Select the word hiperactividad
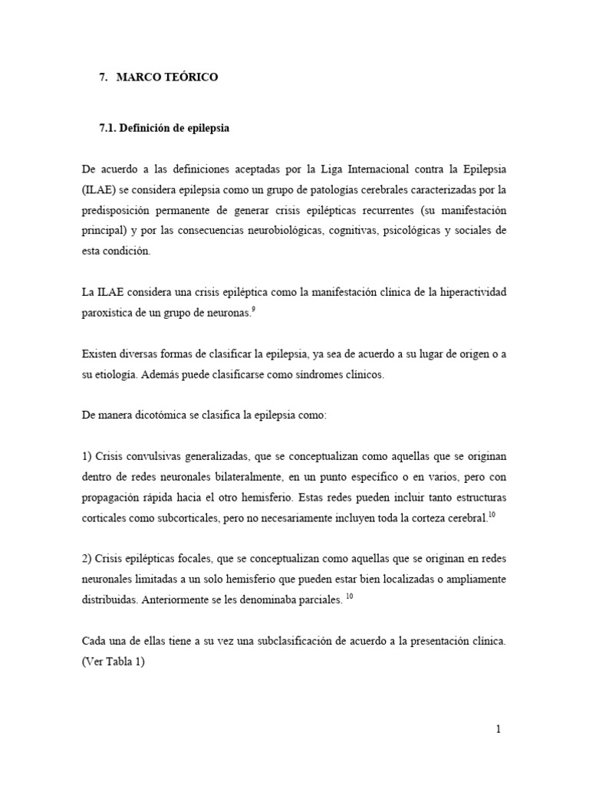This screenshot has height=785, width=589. pos(472,292)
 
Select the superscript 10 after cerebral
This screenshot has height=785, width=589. pos(492,514)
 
